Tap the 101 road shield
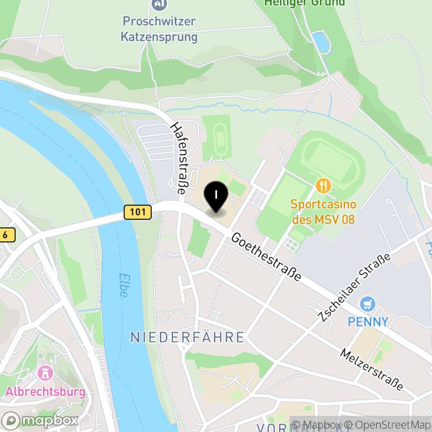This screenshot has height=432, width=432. tap(137, 212)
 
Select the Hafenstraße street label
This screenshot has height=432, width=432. tap(179, 157)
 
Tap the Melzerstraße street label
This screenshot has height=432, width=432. tap(372, 369)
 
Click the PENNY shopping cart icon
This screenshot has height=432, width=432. tap(369, 304)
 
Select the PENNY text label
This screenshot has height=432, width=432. tap(368, 322)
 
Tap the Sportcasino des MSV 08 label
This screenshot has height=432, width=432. tap(323, 212)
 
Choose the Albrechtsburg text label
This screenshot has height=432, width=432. tap(45, 391)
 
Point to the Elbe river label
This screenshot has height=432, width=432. tap(123, 283)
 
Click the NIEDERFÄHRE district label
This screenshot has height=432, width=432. tap(187, 337)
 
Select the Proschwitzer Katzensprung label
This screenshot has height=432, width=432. tap(159, 30)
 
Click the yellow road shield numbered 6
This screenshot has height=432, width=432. tap(5, 235)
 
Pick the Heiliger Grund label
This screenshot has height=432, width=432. tap(304, 3)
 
